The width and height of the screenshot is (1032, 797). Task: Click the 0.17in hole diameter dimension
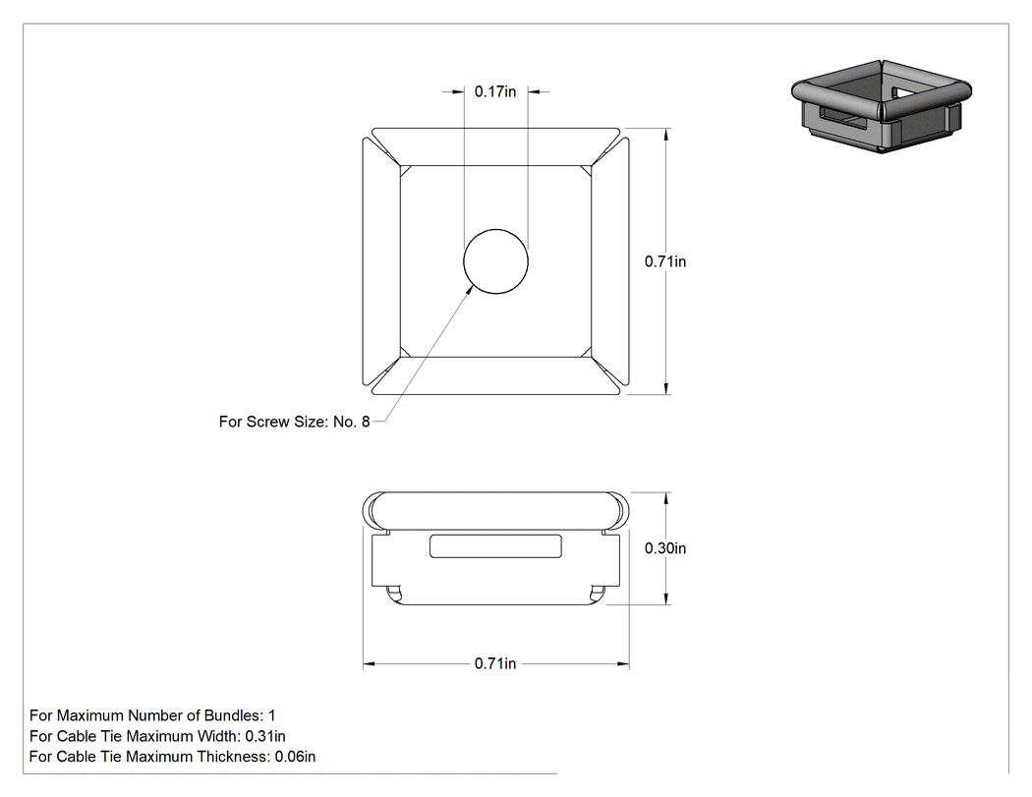pos(495,91)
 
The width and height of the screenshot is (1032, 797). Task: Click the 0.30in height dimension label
pos(665,548)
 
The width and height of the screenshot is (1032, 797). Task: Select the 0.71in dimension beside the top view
pos(665,261)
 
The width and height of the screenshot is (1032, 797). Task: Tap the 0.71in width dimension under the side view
pos(495,663)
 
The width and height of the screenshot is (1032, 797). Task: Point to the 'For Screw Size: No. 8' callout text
pos(294,422)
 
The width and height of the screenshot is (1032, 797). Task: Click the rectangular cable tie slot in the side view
pos(495,546)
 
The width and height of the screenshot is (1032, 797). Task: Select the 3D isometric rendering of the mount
pos(882,106)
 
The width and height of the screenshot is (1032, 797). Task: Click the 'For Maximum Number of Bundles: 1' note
pos(152,715)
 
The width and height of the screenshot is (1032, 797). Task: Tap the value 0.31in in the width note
pos(265,736)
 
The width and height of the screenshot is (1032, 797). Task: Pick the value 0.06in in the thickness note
pos(295,757)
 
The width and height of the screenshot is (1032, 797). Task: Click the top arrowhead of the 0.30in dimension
pos(666,498)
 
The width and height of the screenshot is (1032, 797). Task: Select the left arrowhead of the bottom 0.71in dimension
pos(370,664)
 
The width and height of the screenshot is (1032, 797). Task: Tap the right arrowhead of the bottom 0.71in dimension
pos(622,664)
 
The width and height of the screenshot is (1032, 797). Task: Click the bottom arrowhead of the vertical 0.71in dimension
pos(666,388)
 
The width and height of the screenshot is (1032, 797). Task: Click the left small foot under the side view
pos(393,593)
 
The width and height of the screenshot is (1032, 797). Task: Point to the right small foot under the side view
pos(599,593)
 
